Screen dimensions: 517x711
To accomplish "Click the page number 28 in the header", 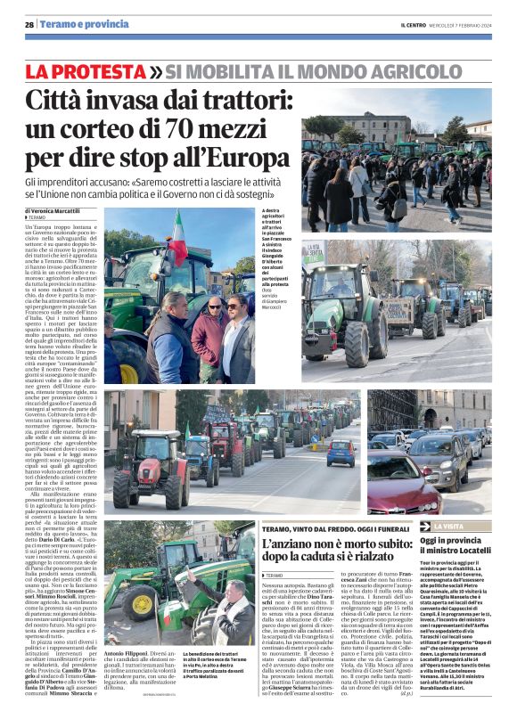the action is click(29, 24).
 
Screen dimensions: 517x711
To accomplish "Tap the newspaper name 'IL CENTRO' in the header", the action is click(414, 24).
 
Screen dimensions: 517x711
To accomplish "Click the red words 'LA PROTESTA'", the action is click(86, 69).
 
